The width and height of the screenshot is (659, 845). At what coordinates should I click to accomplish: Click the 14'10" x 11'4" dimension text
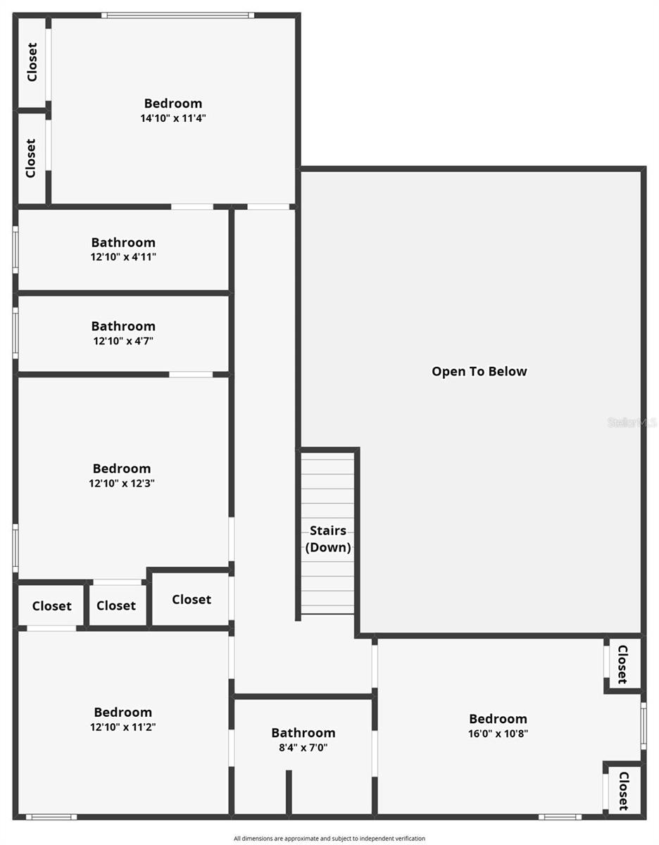coord(172,118)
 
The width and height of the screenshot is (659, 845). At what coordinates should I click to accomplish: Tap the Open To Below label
coord(479,371)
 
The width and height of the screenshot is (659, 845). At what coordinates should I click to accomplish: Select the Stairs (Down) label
coord(328,539)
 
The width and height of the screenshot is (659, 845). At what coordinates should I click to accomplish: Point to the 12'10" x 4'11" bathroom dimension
coord(123,257)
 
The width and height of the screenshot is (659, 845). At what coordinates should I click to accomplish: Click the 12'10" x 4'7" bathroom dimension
coord(123,341)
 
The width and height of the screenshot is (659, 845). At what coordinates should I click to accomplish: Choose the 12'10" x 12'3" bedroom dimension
coord(122,483)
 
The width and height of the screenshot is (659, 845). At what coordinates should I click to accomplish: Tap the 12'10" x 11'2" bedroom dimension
coord(123,727)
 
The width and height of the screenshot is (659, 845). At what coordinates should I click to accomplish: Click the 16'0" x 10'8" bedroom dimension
coord(498,733)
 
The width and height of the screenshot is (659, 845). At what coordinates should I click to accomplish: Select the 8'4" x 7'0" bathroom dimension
coord(303,748)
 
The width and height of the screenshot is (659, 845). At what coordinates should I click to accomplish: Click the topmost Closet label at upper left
coord(32,63)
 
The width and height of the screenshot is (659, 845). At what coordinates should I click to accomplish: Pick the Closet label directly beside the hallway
coord(191,599)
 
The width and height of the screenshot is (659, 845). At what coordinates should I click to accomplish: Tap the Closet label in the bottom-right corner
coord(623,791)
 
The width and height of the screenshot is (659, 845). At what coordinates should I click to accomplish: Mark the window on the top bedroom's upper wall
coord(177,15)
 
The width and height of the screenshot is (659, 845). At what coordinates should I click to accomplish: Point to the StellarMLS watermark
coord(632,423)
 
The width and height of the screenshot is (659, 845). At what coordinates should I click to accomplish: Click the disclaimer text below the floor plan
coord(329,838)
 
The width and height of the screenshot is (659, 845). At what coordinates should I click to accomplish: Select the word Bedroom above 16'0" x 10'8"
coord(498,718)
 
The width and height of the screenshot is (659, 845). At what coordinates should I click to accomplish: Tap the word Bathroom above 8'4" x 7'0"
coord(303,733)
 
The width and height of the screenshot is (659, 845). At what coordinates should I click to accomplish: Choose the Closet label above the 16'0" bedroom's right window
coord(622,664)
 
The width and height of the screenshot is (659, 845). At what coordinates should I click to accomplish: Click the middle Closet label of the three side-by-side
coord(116,606)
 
